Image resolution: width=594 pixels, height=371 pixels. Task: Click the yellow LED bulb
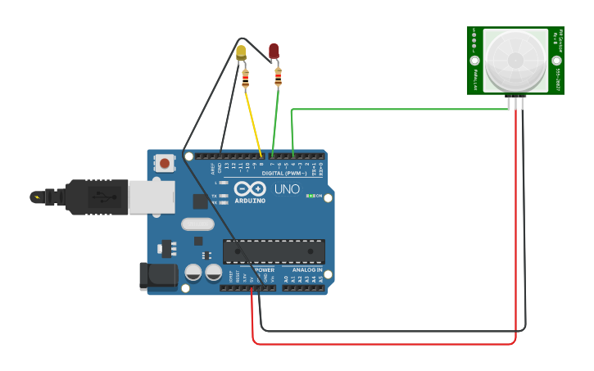click(x=241, y=53)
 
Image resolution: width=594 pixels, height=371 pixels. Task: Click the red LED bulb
click(x=274, y=52)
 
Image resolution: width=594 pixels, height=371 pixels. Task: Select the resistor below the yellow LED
click(x=246, y=79)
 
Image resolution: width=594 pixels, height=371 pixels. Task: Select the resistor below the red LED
click(x=278, y=77)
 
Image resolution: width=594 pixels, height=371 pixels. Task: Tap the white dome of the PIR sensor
click(x=515, y=61)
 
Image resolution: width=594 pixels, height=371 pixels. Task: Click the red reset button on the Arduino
click(x=165, y=163)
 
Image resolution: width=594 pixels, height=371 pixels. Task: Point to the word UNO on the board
click(x=286, y=188)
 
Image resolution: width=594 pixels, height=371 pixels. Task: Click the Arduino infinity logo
click(x=250, y=188)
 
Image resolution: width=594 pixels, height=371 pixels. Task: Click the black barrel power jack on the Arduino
click(x=158, y=276)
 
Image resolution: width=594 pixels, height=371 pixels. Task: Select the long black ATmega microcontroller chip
click(x=274, y=251)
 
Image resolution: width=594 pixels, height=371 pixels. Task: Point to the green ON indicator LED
click(x=309, y=196)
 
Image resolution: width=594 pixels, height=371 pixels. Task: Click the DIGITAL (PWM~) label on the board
click(x=283, y=174)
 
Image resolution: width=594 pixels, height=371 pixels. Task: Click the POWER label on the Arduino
click(x=264, y=269)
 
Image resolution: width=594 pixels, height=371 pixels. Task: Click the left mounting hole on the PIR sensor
click(x=474, y=61)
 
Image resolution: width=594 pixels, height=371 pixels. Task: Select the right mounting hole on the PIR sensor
click(x=556, y=61)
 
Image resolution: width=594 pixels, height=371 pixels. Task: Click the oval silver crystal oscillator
click(x=197, y=224)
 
